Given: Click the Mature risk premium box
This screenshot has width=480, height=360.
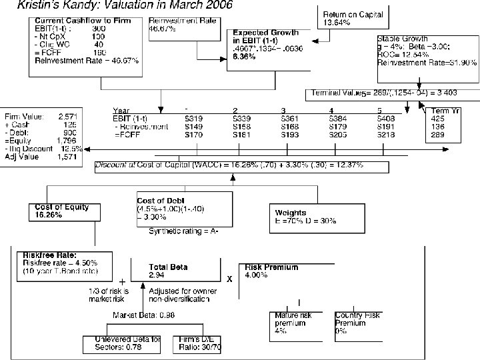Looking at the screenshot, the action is pos(293,322).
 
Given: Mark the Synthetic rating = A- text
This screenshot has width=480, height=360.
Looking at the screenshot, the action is pos(184,232).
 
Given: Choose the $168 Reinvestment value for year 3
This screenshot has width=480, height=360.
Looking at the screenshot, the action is pos(290,125).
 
